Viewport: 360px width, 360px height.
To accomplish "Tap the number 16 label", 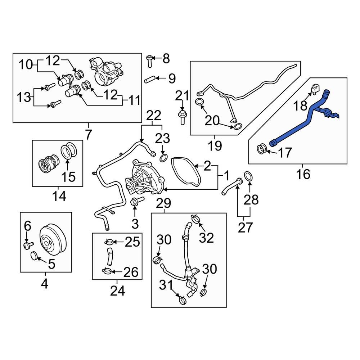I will (x=303, y=174).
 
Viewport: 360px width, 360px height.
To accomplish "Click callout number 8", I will (x=166, y=58).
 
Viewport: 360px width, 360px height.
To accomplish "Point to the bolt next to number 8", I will (x=150, y=61).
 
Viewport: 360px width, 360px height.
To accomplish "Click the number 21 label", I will (x=182, y=96).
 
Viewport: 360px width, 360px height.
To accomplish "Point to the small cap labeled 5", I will (x=34, y=256).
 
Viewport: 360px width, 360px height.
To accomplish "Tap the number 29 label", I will (x=164, y=204).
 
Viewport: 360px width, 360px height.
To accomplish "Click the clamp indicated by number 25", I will (x=109, y=242).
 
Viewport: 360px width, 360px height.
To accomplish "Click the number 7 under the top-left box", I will (x=89, y=135).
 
